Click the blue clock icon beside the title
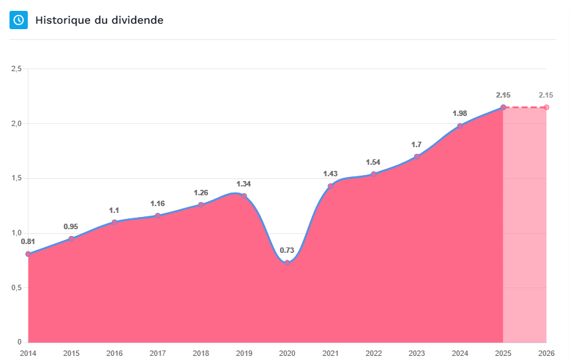coord(18,20)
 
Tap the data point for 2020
coord(287,262)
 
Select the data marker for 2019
coord(244,196)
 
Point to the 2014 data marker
coord(28,254)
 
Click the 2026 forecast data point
coord(546,107)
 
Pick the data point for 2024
coord(460,125)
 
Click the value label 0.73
coord(287,250)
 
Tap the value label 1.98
coord(460,113)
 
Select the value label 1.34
coord(244,184)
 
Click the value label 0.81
coord(28,242)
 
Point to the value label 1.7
coord(417,144)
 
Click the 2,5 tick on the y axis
coord(17,69)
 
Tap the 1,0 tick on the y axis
coord(17,233)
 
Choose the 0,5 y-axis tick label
coord(17,288)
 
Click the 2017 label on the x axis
coord(157,353)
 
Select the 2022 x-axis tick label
coord(373,353)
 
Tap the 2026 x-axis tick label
coord(546,353)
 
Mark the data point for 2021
coord(331,186)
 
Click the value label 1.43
coord(331,174)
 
